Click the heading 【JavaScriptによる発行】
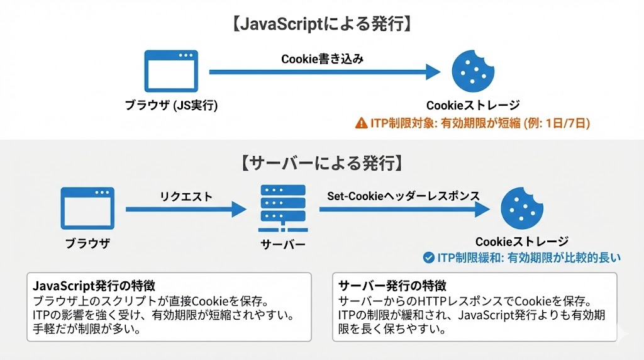pos(322,25)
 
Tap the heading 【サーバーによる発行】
pos(321,164)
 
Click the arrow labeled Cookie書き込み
pos(325,72)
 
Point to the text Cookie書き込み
pos(323,59)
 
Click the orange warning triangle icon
pos(361,123)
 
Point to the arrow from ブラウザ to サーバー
pos(186,210)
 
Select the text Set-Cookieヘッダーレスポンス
pos(403,196)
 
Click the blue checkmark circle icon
pos(429,257)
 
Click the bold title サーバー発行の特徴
pos(380,284)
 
